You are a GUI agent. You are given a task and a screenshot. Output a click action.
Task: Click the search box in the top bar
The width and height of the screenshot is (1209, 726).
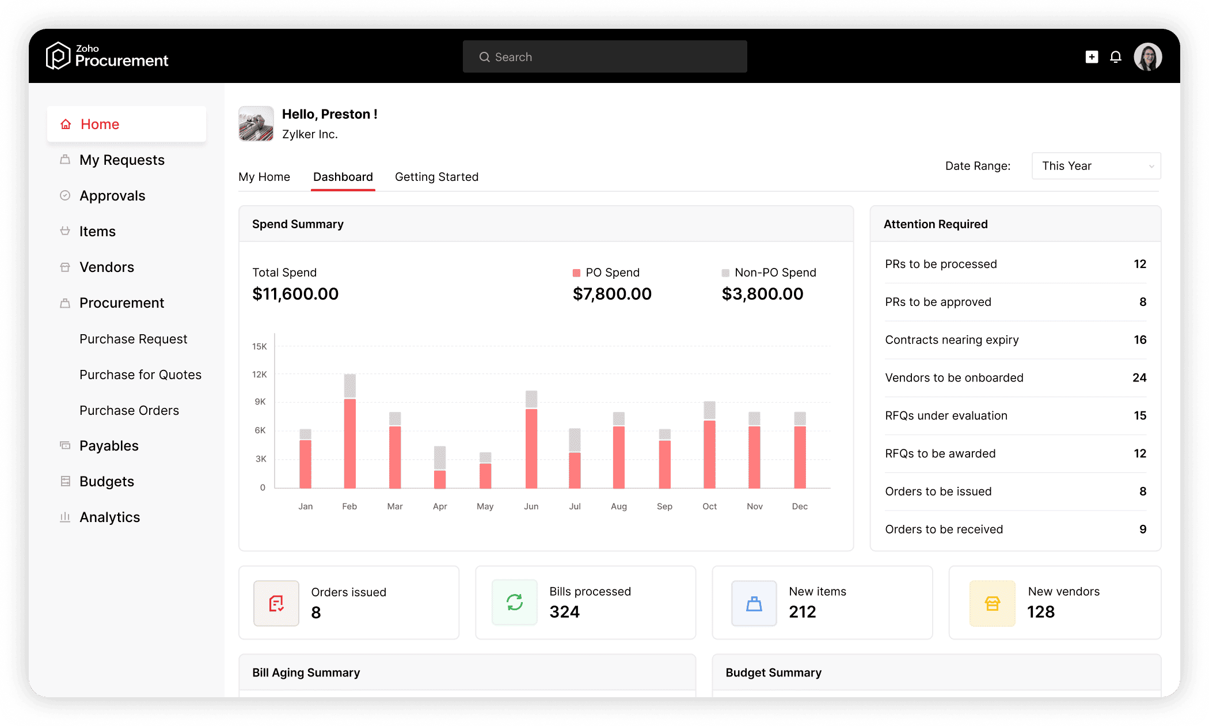tap(604, 56)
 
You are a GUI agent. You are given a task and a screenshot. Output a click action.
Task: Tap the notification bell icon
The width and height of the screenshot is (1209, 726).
tap(1116, 56)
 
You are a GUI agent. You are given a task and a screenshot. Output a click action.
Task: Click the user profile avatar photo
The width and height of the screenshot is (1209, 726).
tap(1148, 56)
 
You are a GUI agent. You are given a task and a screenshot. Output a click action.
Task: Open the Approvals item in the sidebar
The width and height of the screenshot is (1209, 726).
tap(112, 196)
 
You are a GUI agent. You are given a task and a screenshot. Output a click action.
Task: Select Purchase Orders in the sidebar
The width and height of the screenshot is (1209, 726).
tap(129, 410)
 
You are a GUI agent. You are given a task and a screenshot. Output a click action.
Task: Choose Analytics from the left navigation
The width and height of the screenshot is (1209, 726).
tap(109, 517)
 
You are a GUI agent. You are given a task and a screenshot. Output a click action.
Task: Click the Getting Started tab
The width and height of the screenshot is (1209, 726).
tap(436, 177)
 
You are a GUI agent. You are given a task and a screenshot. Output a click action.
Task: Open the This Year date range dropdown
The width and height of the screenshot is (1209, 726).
tap(1096, 166)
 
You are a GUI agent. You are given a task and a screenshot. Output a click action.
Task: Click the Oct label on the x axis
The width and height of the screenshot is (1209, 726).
tap(709, 506)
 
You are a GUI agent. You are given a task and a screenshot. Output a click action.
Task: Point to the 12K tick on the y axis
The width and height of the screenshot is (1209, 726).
tap(260, 375)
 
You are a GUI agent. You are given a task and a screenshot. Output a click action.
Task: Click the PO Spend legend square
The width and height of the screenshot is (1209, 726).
tap(576, 273)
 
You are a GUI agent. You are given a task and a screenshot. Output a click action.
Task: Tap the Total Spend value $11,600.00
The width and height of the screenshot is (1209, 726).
tap(295, 294)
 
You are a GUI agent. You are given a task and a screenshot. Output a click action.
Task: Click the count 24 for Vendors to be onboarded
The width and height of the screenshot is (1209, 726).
tap(1139, 378)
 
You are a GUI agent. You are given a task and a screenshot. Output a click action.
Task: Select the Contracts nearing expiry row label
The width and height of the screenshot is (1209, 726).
tap(952, 340)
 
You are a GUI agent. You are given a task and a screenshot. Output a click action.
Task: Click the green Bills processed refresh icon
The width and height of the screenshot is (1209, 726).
tap(515, 603)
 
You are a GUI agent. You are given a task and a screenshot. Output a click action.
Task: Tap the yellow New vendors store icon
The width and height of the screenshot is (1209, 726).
tap(992, 603)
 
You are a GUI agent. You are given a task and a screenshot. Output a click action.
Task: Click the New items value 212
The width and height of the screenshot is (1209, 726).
tap(803, 612)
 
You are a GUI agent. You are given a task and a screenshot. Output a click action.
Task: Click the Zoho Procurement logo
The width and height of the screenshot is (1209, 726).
tap(107, 56)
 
